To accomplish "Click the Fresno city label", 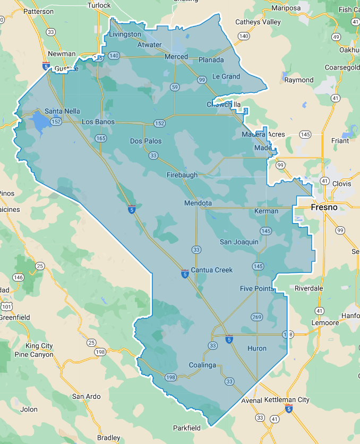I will (x=324, y=207).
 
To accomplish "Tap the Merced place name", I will (x=176, y=57).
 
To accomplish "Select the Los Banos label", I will (x=98, y=122).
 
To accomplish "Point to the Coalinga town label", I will (x=203, y=365).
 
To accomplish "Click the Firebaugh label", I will (x=182, y=175).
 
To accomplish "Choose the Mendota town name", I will (x=198, y=203).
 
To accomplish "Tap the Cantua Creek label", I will (x=212, y=270).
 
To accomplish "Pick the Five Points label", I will (x=257, y=289).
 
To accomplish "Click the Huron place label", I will (x=257, y=348).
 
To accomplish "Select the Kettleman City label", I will (x=295, y=399).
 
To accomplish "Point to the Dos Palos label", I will (x=146, y=141).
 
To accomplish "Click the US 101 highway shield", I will (x=6, y=306).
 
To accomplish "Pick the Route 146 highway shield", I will (x=19, y=277).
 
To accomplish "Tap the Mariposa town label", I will (x=286, y=8).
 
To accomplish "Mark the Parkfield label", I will (x=187, y=428).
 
